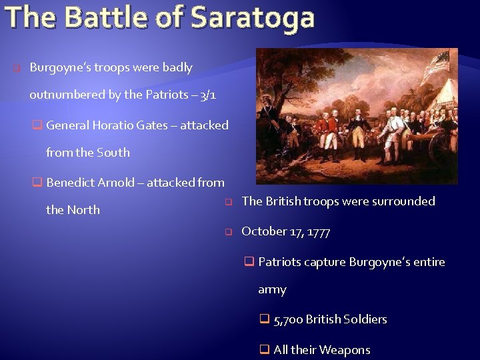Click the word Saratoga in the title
point(252,17)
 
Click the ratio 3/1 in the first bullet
point(207,95)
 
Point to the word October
point(264,231)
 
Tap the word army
point(272,289)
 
